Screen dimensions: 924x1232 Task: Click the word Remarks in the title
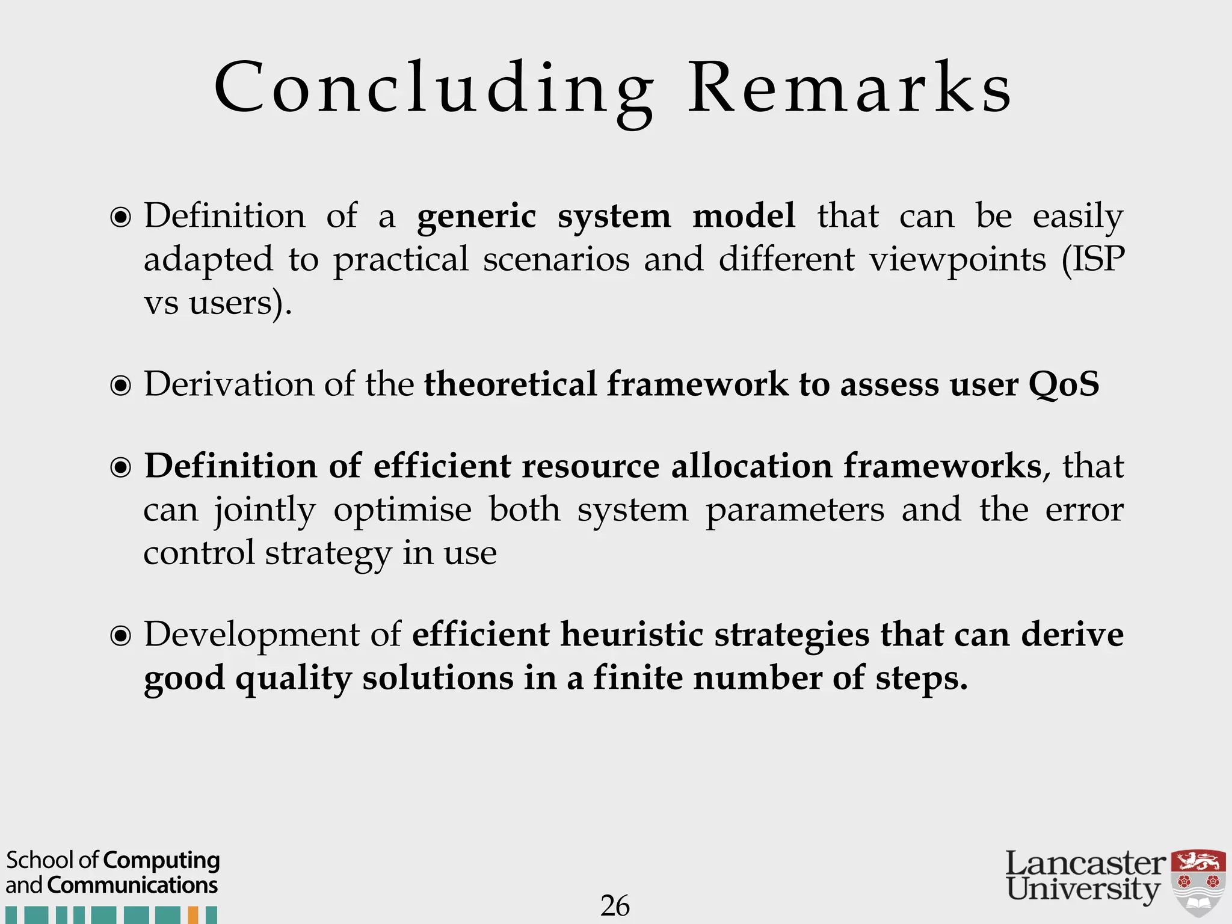pyautogui.click(x=849, y=89)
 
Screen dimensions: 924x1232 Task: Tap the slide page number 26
pyautogui.click(x=615, y=906)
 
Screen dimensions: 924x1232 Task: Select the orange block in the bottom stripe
pyautogui.click(x=193, y=915)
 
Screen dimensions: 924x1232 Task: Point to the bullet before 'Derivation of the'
pyautogui.click(x=121, y=385)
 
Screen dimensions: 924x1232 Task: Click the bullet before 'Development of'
pyautogui.click(x=121, y=635)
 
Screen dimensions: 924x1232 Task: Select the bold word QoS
pyautogui.click(x=1064, y=384)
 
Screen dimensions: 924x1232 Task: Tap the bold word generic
pyautogui.click(x=476, y=217)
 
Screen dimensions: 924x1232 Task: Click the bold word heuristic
pyautogui.click(x=632, y=634)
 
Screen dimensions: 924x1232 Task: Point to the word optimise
pyautogui.click(x=402, y=510)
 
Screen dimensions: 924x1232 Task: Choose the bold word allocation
pyautogui.click(x=751, y=466)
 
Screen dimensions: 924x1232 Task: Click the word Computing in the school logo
pyautogui.click(x=161, y=861)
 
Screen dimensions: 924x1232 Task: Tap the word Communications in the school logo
pyautogui.click(x=132, y=885)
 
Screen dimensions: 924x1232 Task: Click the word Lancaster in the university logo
pyautogui.click(x=1085, y=864)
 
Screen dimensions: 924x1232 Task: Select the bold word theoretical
pyautogui.click(x=510, y=384)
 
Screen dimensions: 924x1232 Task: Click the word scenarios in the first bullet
pyautogui.click(x=556, y=259)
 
